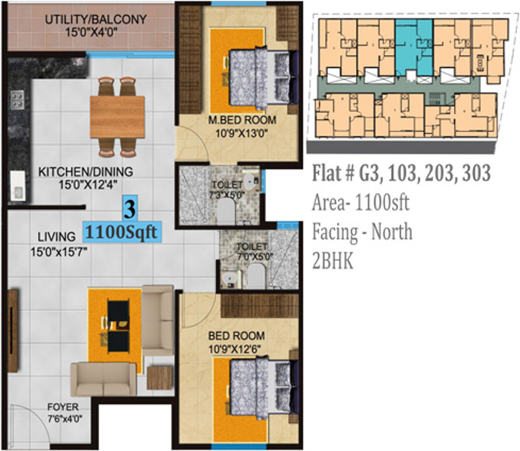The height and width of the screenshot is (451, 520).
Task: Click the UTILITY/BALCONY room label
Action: pos(96,19)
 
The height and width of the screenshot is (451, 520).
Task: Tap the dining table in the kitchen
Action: pos(118,117)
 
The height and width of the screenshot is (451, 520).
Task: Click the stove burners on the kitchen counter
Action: pos(17,100)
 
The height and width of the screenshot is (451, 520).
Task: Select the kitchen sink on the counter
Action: pos(18,186)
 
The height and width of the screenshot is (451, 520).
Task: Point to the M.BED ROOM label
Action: pos(242,120)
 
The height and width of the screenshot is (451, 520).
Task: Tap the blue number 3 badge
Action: pos(130,208)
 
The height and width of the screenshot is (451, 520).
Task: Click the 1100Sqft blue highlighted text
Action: pos(122,232)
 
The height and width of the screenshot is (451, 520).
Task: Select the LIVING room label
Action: pos(57,237)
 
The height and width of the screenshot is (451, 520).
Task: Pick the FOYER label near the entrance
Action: pos(63,407)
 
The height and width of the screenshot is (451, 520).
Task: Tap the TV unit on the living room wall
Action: pos(12,331)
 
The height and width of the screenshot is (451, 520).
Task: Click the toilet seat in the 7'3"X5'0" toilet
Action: pos(226,211)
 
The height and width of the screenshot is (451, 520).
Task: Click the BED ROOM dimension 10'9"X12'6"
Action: pos(234,349)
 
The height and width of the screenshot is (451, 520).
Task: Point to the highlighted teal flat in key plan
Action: pos(414,48)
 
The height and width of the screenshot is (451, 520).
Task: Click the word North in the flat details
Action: pos(392,232)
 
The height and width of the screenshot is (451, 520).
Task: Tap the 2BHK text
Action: pos(332,261)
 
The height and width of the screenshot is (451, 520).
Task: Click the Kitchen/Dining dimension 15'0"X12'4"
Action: pos(88,185)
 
